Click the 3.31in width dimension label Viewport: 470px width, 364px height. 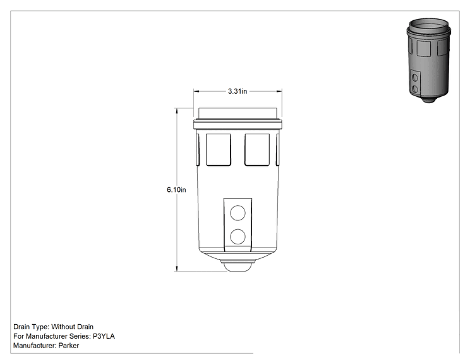(238, 91)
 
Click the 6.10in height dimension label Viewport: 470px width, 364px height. (176, 190)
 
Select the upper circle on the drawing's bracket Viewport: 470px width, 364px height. (238, 213)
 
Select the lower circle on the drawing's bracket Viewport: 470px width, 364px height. (238, 236)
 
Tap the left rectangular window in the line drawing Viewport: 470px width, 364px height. (218, 149)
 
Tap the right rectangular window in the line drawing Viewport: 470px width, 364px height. (257, 149)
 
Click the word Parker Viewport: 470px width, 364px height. (69, 346)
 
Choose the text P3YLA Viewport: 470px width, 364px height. (104, 336)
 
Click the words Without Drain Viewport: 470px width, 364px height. (72, 327)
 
